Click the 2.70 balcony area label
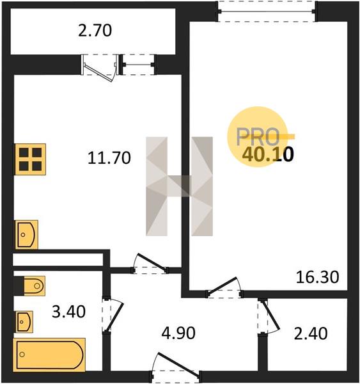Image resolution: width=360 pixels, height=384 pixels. coord(95,31)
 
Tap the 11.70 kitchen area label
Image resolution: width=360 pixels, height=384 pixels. coord(109,157)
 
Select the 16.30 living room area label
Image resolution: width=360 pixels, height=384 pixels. coord(317,277)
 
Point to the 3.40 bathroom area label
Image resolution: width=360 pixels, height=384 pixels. coord(69,312)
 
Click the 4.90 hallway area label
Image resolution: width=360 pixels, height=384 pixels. coord(178,333)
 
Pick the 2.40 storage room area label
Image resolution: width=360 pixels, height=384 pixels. coord(311,333)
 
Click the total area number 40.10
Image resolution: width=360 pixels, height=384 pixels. coord(268,155)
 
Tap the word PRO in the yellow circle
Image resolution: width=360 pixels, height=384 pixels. coord(258,137)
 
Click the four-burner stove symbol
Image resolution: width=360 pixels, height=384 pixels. coord(30,159)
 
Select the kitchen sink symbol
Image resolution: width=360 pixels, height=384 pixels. coord(27,235)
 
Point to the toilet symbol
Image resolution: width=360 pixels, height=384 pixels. coord(35,286)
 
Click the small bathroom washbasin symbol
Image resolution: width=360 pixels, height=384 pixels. coord(24,322)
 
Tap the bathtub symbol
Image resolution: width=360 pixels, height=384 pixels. coord(49,355)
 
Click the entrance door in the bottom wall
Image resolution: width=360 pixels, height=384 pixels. coord(176,366)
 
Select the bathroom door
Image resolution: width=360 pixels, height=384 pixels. coord(113,314)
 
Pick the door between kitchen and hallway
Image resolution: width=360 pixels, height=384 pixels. coord(150,264)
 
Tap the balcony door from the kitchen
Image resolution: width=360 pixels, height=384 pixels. coord(99,67)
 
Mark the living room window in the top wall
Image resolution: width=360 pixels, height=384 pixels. coord(267,12)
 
